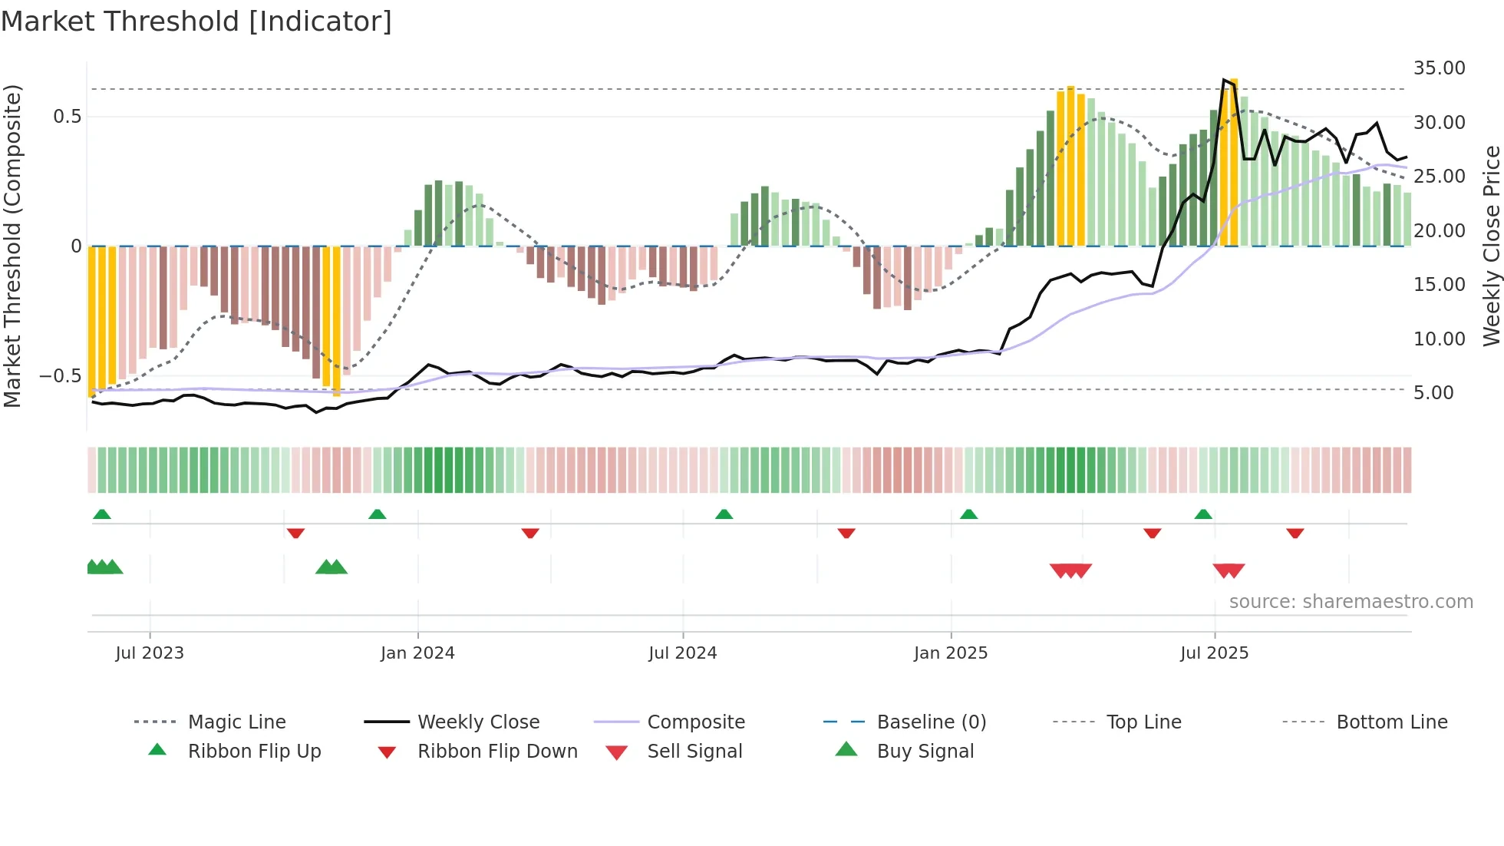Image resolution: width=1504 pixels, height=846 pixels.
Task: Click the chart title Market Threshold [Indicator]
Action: point(196,21)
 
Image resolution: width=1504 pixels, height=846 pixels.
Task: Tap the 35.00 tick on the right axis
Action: point(1439,68)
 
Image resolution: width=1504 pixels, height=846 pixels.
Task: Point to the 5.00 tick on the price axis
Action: point(1433,393)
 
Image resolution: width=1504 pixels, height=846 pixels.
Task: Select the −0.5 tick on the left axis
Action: point(61,376)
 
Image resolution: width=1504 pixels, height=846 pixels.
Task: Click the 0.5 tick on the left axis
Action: point(67,117)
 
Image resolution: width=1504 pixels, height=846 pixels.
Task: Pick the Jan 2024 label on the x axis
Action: point(417,653)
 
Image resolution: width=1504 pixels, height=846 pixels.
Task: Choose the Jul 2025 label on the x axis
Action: point(1214,653)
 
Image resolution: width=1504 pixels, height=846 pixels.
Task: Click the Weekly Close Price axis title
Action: point(1491,246)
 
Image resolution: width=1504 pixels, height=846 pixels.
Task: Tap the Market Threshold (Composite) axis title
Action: point(12,246)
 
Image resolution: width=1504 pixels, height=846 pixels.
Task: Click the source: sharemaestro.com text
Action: point(1351,602)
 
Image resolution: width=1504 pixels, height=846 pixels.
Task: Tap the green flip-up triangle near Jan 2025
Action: point(968,514)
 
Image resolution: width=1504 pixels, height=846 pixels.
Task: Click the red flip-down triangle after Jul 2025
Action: point(1295,533)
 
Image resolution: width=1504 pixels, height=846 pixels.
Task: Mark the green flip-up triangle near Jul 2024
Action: point(724,514)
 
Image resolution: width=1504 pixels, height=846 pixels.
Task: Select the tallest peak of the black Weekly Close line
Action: point(1224,79)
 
